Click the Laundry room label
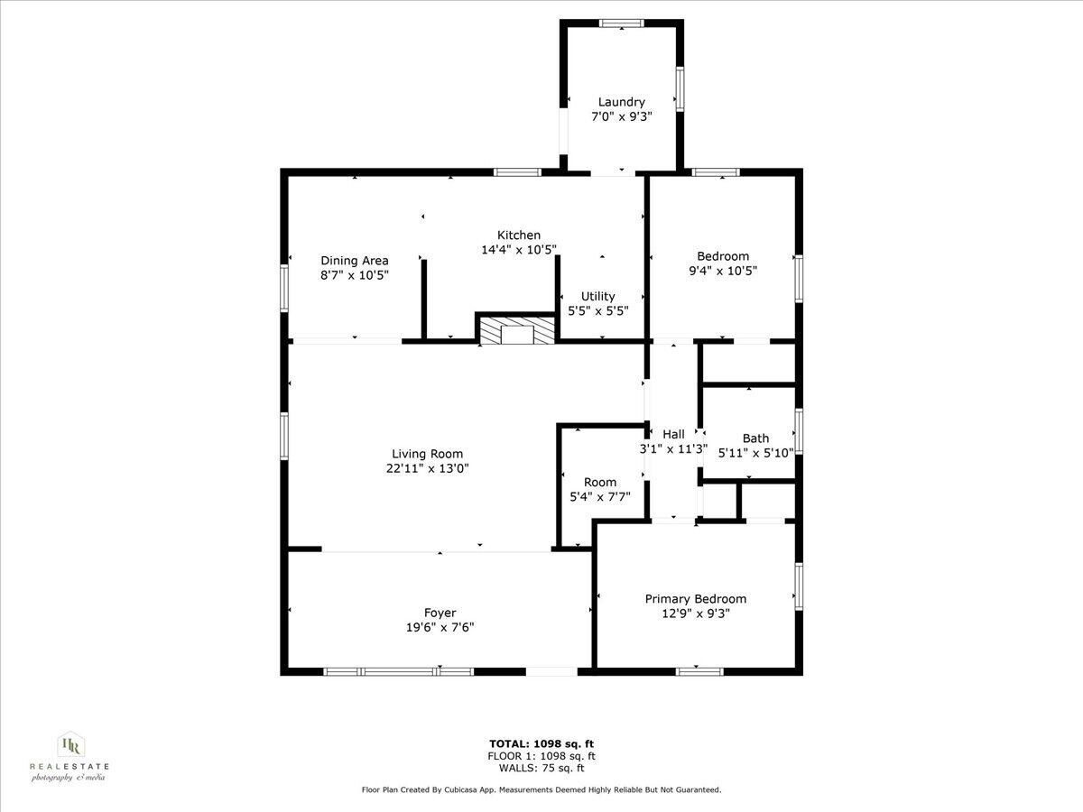click(x=621, y=102)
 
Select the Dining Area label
click(x=355, y=261)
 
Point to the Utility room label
click(x=597, y=296)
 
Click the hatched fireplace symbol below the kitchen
click(x=517, y=330)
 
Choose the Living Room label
click(x=427, y=454)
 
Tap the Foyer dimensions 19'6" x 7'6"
click(x=440, y=627)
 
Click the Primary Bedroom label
click(x=695, y=598)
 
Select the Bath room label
click(x=755, y=438)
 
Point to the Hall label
click(x=673, y=434)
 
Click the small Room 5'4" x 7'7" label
click(x=600, y=482)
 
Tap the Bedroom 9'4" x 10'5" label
click(x=722, y=256)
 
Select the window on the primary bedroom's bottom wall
click(x=699, y=670)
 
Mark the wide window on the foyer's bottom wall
click(x=398, y=671)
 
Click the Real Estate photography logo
click(x=69, y=756)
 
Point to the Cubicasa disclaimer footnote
click(x=541, y=790)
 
